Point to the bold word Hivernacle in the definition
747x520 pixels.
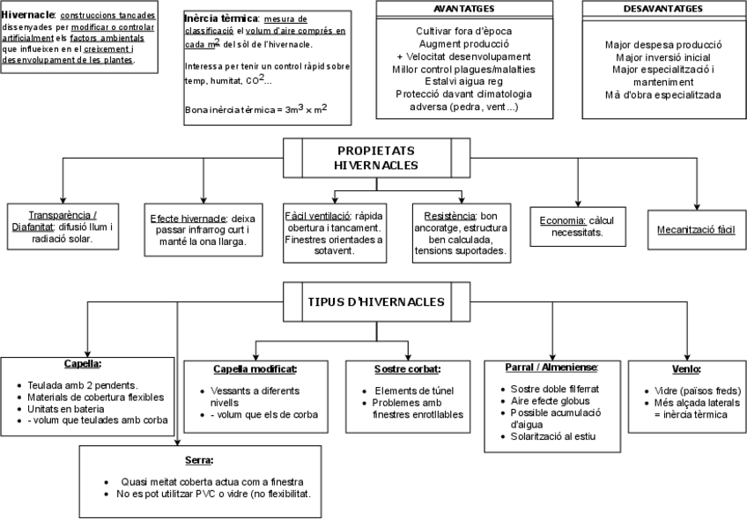pos(29,16)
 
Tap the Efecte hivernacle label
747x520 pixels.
pos(186,219)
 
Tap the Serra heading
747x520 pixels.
pos(199,460)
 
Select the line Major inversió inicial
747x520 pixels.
pos(663,56)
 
